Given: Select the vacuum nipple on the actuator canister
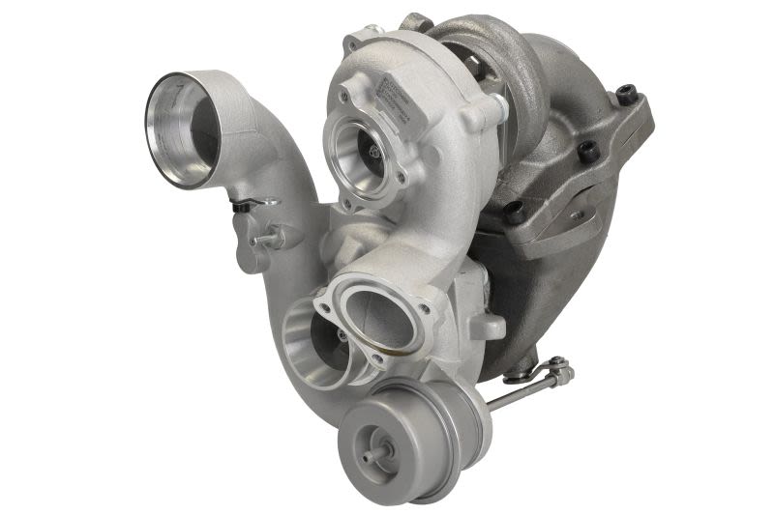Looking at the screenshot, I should click(372, 452).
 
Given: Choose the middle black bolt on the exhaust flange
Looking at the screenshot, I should click(586, 151).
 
